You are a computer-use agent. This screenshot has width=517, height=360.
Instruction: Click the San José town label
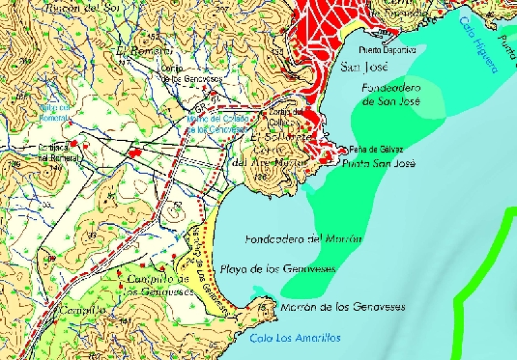[363, 67]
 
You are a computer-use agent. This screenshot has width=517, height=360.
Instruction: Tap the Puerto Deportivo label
[391, 50]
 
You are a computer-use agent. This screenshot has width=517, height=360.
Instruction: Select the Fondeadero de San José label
[392, 94]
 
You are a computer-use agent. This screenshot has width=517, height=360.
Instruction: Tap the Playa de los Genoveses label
[278, 270]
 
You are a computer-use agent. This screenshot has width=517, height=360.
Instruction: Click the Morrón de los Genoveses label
[343, 306]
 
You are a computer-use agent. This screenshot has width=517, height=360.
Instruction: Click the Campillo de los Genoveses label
[158, 285]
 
